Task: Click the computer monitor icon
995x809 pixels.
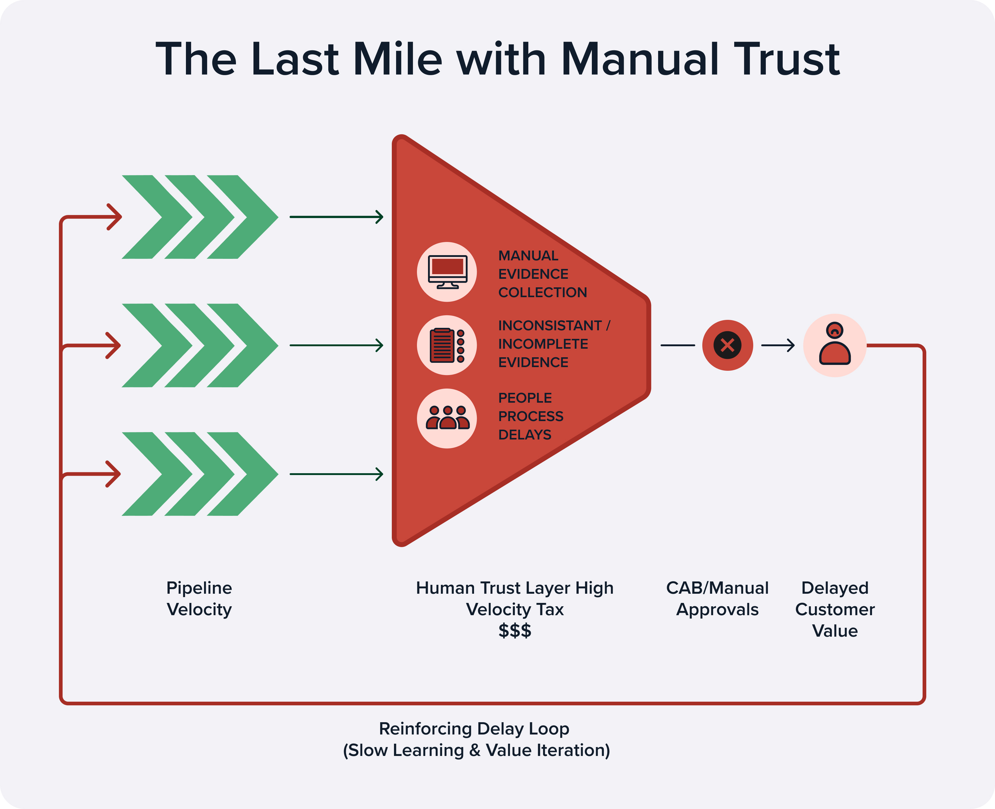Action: pos(447,272)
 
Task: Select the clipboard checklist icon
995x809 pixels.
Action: pos(447,345)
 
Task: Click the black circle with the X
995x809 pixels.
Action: pos(727,345)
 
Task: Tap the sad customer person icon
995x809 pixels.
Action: pos(835,345)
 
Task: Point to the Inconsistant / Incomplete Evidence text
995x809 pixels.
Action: pos(553,344)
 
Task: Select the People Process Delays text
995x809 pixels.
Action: pos(530,416)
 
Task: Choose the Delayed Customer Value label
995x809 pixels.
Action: pos(835,609)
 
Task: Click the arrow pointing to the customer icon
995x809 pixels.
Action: pos(778,345)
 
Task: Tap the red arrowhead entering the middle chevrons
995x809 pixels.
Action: pos(113,345)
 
